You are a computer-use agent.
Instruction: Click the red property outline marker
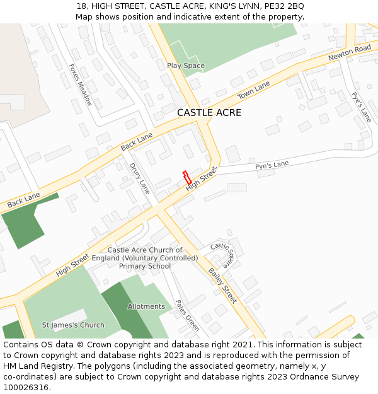[186, 177]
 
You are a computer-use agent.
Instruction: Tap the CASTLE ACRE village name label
[209, 113]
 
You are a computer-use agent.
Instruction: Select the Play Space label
[186, 66]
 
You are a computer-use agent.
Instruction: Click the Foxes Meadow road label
[81, 84]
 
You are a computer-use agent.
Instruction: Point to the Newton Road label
[350, 54]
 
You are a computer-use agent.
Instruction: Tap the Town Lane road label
[253, 90]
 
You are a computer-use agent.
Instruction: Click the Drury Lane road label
[140, 178]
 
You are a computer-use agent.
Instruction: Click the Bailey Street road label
[222, 286]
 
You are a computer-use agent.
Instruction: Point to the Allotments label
[146, 307]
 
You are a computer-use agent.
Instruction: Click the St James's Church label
[73, 325]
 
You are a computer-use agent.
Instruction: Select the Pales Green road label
[187, 315]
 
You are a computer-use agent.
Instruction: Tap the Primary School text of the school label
[145, 266]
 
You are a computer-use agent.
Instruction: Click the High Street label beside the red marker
[201, 180]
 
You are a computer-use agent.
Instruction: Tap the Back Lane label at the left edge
[23, 201]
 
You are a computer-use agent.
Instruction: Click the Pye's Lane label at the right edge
[362, 107]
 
